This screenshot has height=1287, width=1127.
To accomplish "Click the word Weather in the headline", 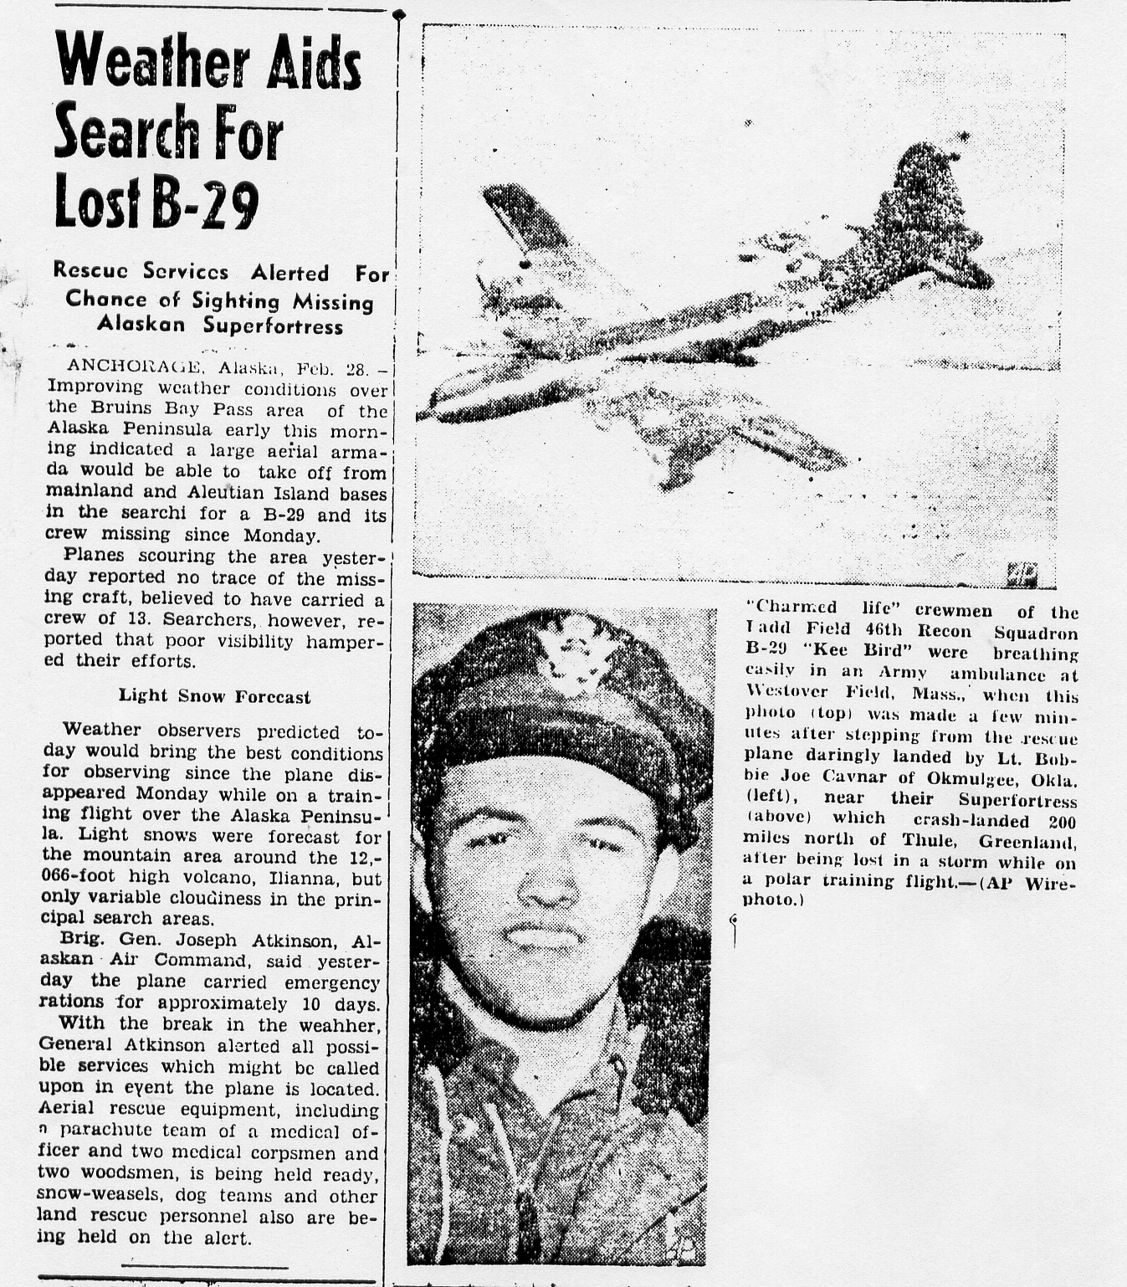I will point(151,62).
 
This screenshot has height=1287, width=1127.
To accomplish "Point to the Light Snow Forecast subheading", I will point(214,696).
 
